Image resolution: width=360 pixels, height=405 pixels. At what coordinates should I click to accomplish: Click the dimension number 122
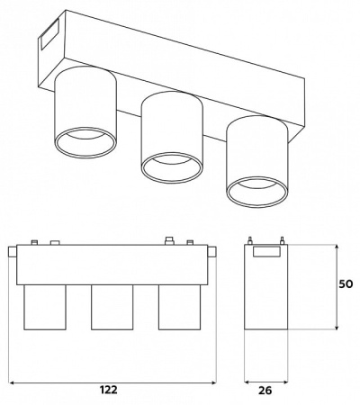click(108, 390)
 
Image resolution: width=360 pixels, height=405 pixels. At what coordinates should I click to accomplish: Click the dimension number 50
click(346, 284)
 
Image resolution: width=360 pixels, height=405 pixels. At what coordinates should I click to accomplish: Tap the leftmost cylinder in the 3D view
click(86, 112)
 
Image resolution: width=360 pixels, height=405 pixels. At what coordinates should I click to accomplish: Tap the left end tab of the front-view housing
click(13, 256)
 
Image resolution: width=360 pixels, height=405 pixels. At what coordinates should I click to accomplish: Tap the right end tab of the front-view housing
click(213, 256)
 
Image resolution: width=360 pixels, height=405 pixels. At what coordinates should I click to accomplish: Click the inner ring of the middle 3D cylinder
click(170, 168)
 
